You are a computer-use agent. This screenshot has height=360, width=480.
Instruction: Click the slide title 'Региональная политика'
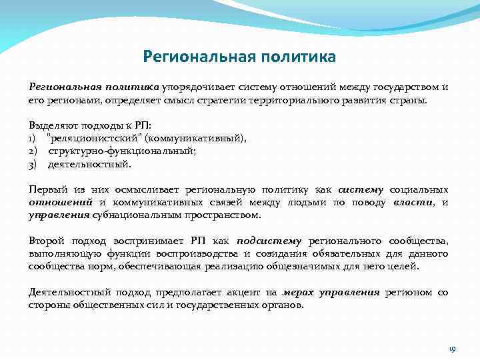pyautogui.click(x=239, y=56)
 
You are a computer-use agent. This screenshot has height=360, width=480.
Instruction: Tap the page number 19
pyautogui.click(x=451, y=349)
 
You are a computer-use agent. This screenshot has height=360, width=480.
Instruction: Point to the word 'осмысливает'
pyautogui.click(x=146, y=189)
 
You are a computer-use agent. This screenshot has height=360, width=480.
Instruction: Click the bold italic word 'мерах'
pyautogui.click(x=299, y=292)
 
